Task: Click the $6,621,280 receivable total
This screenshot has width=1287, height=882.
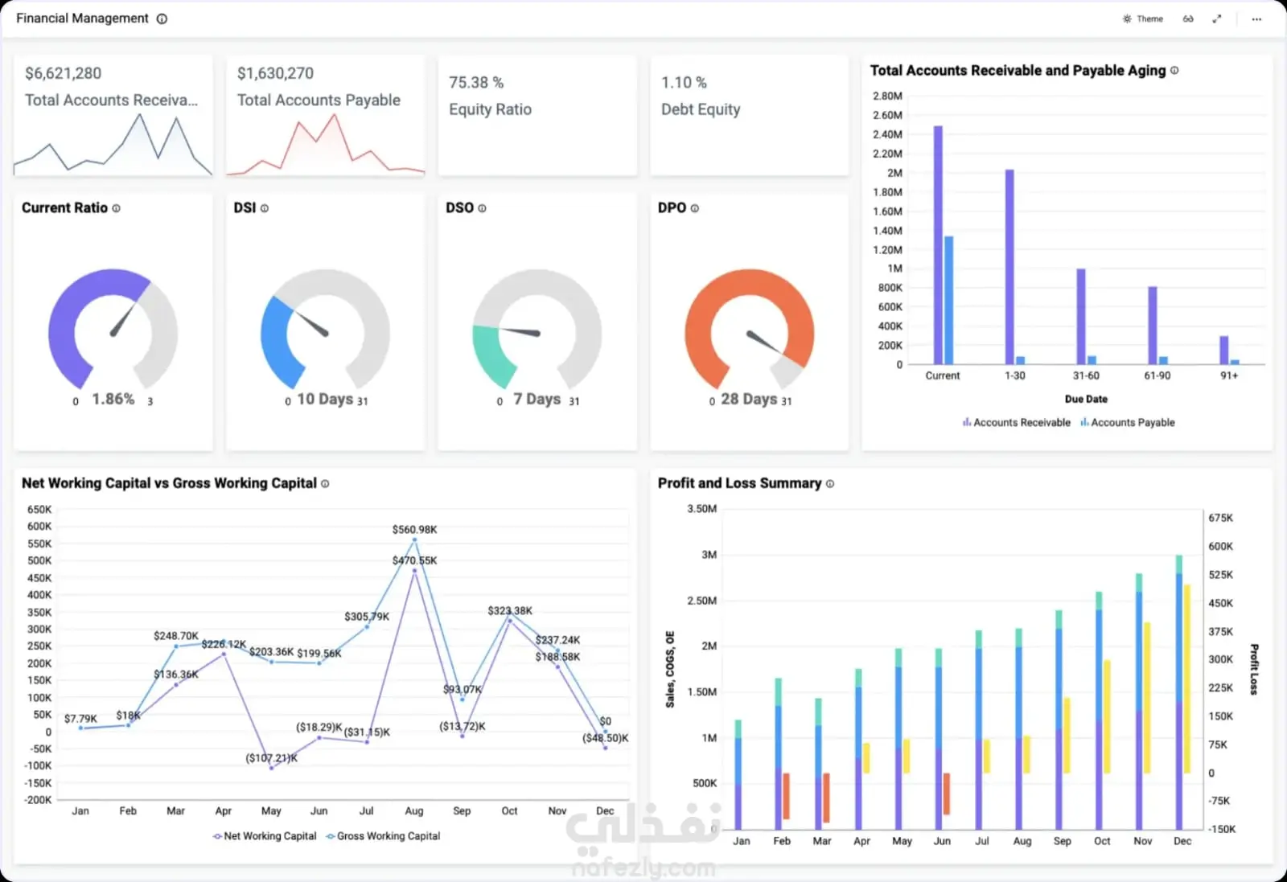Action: point(63,73)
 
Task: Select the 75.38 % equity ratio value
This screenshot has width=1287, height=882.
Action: point(476,82)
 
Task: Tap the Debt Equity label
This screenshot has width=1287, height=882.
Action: point(701,109)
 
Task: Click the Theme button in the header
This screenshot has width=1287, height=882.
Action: point(1143,18)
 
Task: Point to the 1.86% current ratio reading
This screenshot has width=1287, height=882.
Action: point(113,399)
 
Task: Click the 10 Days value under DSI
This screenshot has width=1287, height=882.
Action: point(325,399)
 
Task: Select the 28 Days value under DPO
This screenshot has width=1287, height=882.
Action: point(749,399)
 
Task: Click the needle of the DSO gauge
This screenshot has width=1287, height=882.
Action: point(520,331)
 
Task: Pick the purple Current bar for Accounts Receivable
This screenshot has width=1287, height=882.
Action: point(938,244)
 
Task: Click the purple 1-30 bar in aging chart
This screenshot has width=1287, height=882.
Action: point(1009,267)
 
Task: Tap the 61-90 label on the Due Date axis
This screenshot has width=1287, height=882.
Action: point(1157,375)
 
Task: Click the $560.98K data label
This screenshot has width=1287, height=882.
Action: point(414,529)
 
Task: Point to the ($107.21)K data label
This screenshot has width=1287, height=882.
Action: point(271,757)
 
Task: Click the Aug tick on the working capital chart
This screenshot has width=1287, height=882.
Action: point(414,810)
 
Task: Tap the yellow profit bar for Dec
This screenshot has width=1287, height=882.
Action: point(1187,679)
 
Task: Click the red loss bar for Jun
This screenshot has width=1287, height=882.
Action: point(947,794)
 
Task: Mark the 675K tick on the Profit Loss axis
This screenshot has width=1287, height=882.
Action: point(1220,518)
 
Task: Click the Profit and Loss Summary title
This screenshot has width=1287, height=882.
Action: point(739,483)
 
